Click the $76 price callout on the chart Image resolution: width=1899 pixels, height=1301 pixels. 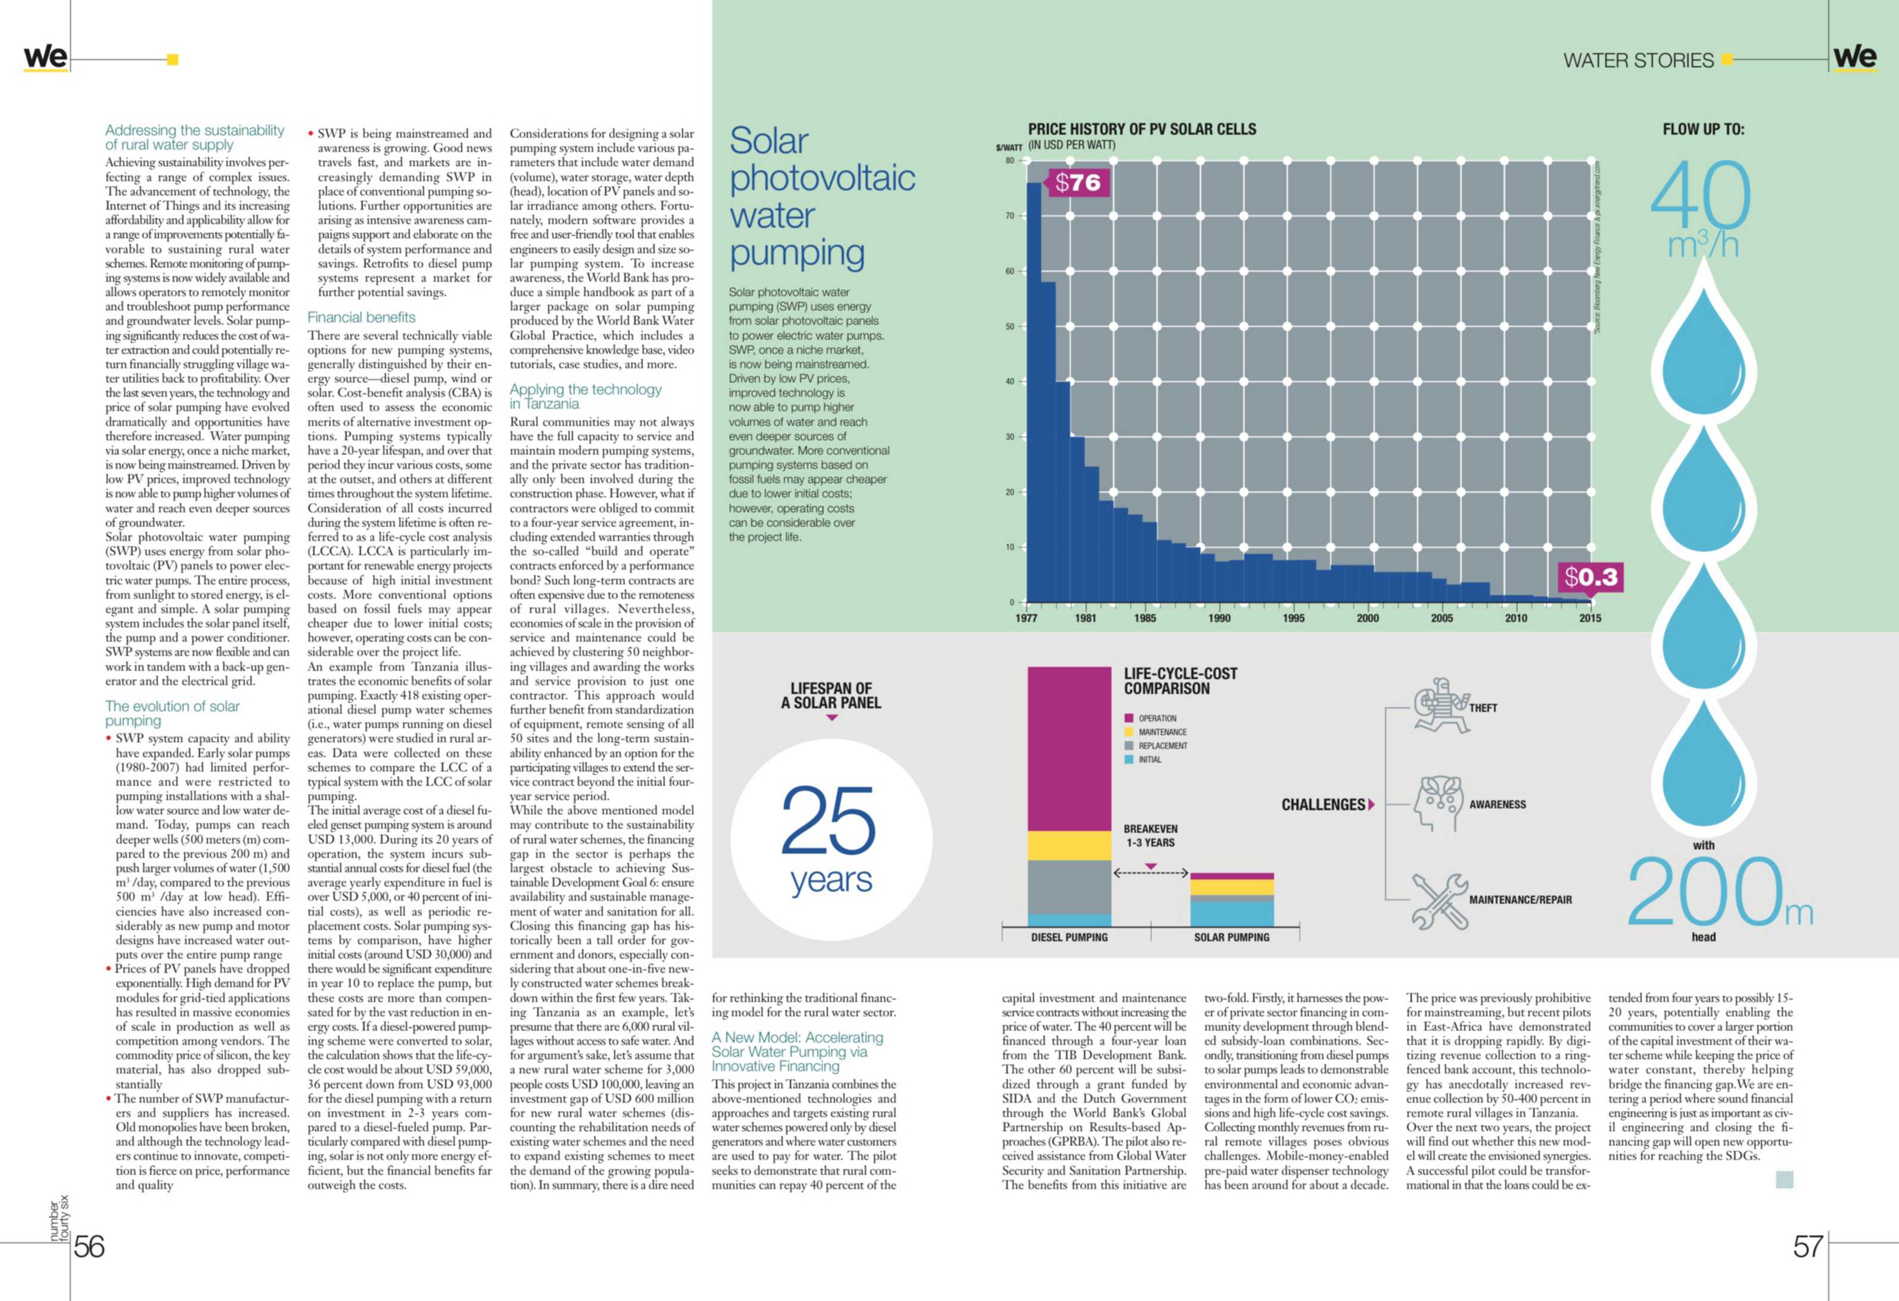pos(1078,182)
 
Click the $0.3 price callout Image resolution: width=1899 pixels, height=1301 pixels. pos(1590,577)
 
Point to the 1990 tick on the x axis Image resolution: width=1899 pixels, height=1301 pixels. pos(1219,618)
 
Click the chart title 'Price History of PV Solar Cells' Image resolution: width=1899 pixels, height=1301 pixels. pos(1141,129)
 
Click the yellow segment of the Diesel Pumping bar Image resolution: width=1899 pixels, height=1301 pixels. pos(1069,845)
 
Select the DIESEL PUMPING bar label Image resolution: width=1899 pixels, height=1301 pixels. pos(1069,938)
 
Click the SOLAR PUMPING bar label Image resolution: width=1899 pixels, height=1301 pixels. pos(1231,938)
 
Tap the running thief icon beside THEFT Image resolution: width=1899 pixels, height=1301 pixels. pos(1440,705)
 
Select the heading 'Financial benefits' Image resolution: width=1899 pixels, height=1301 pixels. pos(361,317)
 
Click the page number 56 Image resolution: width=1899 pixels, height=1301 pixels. pos(89,1246)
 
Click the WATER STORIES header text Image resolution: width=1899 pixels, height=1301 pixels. pos(1638,61)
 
